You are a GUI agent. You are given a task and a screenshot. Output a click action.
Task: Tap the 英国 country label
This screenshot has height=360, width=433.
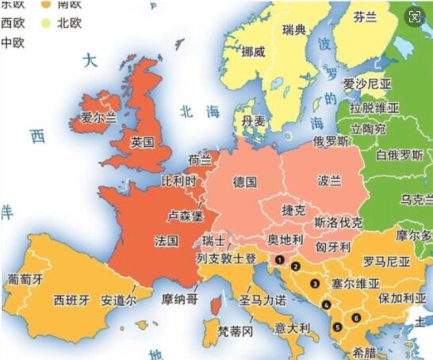click(x=143, y=143)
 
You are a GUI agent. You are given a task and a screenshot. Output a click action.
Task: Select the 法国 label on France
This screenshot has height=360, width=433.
click(x=167, y=239)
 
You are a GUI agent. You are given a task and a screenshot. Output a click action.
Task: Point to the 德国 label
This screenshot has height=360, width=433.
click(x=245, y=182)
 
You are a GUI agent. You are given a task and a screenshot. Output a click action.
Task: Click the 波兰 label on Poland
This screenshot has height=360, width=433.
click(x=329, y=181)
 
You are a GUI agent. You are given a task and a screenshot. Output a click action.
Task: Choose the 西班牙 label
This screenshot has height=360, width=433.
click(x=71, y=301)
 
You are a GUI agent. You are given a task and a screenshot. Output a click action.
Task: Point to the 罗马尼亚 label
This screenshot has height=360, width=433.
click(x=386, y=262)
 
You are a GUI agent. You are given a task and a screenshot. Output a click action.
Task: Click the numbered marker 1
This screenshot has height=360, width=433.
click(x=279, y=259)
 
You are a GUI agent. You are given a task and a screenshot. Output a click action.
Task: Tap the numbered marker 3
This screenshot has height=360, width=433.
click(x=315, y=283)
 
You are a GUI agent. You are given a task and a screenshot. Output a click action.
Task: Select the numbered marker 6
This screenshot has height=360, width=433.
click(x=356, y=318)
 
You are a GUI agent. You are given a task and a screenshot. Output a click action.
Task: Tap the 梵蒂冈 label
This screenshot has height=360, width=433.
click(x=236, y=330)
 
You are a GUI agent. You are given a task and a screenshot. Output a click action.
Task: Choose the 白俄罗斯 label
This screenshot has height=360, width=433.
click(x=401, y=155)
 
